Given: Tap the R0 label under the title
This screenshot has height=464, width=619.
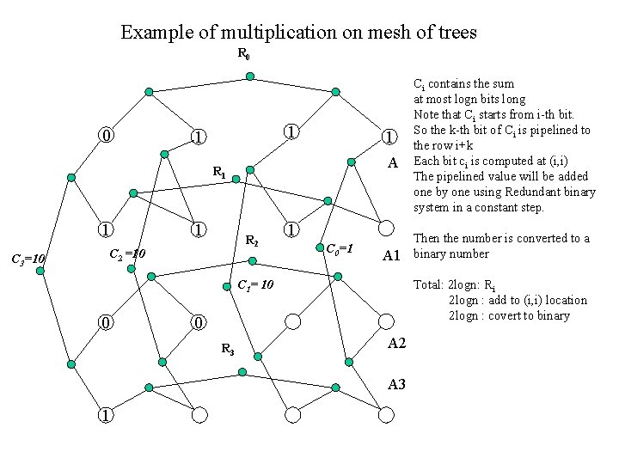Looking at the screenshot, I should click(x=245, y=56).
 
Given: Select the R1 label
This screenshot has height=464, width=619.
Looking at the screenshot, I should click(x=219, y=172).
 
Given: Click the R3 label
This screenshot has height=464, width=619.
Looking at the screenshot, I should click(x=228, y=348).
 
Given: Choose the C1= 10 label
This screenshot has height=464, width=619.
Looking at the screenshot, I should click(x=255, y=284).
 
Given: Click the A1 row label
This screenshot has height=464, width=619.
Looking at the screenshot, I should click(x=394, y=255).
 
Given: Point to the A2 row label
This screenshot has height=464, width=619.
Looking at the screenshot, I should click(x=396, y=343).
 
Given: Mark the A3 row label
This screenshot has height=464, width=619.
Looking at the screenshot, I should click(x=396, y=384).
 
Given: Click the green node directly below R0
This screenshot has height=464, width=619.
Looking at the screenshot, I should click(x=249, y=76).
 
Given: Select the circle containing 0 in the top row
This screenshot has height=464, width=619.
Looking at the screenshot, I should click(x=105, y=137).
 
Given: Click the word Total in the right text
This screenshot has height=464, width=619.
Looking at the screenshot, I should click(x=427, y=284).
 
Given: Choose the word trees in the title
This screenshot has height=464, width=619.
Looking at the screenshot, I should click(x=457, y=34).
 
